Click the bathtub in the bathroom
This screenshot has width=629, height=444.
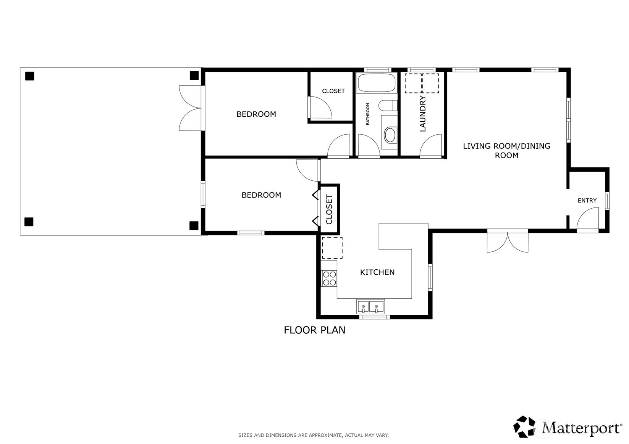click(376, 83)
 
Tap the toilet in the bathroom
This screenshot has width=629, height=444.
click(388, 106)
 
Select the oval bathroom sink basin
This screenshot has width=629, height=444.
click(390, 135)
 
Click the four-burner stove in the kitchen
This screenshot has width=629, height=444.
click(329, 278)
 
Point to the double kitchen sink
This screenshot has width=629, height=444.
click(370, 307)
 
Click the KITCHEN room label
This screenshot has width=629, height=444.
click(377, 272)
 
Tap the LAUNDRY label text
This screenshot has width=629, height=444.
click(422, 114)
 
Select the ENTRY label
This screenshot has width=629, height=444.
click(587, 200)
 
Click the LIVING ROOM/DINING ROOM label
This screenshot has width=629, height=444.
click(506, 150)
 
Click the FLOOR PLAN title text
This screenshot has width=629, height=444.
click(315, 330)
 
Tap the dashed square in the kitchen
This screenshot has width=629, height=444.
click(332, 248)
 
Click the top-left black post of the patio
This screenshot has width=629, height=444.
click(29, 76)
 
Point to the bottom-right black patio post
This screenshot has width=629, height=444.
click(194, 225)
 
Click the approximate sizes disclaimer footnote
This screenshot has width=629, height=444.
click(314, 435)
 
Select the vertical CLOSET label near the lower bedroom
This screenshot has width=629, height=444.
click(329, 209)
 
